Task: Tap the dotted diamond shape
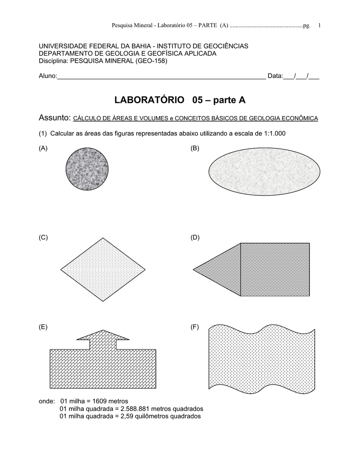[103, 269]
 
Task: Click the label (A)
[43, 148]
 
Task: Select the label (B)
[195, 148]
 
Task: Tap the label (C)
[43, 238]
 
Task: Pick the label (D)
[195, 238]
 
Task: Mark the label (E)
[43, 327]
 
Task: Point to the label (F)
[195, 327]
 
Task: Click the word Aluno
[47, 76]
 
